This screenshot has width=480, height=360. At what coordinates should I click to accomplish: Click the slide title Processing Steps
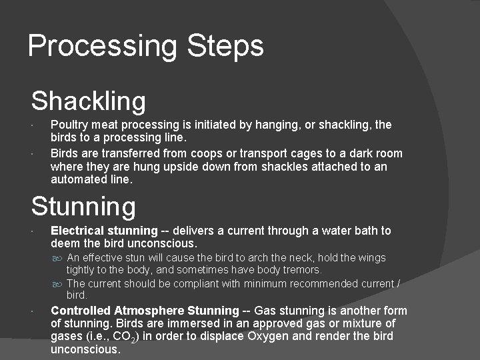tap(145, 46)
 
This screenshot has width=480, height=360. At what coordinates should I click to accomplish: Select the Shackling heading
tap(88, 101)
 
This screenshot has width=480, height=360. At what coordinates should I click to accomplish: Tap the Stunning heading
tap(83, 206)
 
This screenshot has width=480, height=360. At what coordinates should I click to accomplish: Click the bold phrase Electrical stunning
tap(104, 231)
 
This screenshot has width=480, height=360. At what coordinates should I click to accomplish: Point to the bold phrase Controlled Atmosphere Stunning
tap(145, 311)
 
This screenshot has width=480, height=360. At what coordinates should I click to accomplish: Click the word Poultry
tap(69, 125)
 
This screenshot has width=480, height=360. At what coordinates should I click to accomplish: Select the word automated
tap(78, 179)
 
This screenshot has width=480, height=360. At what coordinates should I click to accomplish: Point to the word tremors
tap(303, 270)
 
